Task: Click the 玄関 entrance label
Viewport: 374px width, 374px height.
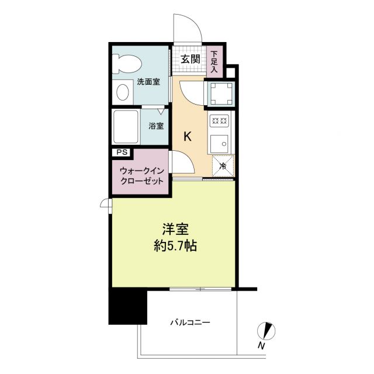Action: [190, 59]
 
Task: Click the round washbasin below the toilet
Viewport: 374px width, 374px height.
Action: [123, 92]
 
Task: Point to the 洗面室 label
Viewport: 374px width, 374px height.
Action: [148, 82]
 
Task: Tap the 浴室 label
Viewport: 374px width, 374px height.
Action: [155, 125]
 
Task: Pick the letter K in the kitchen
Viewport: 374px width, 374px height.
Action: [188, 137]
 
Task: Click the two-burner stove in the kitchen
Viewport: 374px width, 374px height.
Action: [219, 122]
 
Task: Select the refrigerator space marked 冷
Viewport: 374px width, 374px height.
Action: [222, 165]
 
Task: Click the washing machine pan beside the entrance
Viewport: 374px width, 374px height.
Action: [220, 91]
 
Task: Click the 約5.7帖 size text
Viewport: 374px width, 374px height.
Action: [175, 246]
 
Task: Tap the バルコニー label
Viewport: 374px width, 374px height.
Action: [190, 321]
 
